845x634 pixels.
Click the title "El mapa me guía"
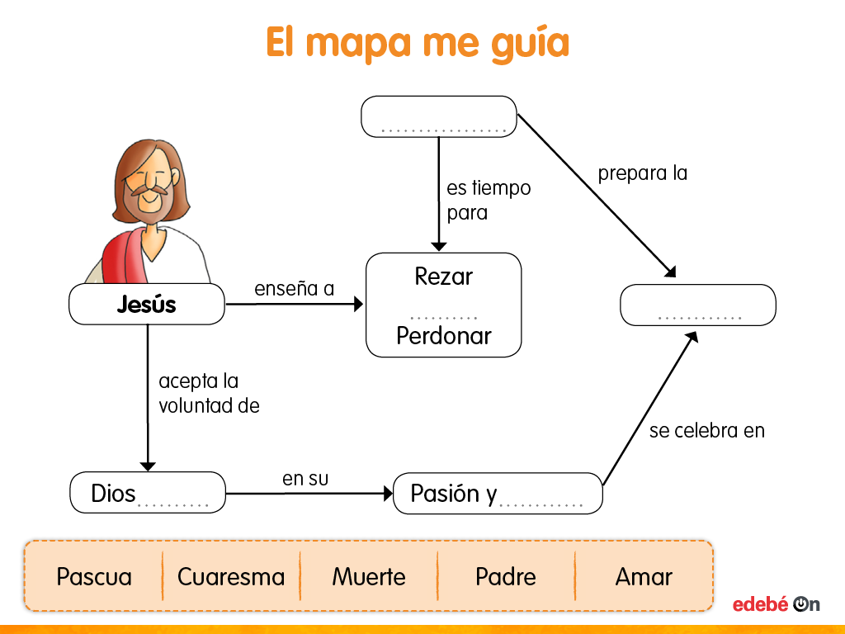click(418, 42)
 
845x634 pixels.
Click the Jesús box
click(147, 305)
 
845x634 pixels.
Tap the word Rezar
click(443, 277)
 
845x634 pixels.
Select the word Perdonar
click(443, 336)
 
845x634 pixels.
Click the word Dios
click(114, 494)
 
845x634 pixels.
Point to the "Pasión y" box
click(498, 494)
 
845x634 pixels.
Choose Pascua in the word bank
click(94, 576)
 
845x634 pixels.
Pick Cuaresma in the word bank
click(231, 576)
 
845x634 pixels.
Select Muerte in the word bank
click(369, 576)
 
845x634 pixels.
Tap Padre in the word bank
click(506, 576)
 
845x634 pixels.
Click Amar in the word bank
click(644, 576)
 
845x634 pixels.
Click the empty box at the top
click(439, 116)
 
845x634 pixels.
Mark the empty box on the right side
click(698, 305)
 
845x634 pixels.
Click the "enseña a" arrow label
click(294, 288)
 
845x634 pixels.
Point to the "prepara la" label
click(642, 173)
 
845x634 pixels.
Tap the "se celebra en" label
click(706, 430)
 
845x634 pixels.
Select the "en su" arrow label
click(300, 479)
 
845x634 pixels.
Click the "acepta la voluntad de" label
click(209, 394)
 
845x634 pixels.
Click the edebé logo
click(776, 604)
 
